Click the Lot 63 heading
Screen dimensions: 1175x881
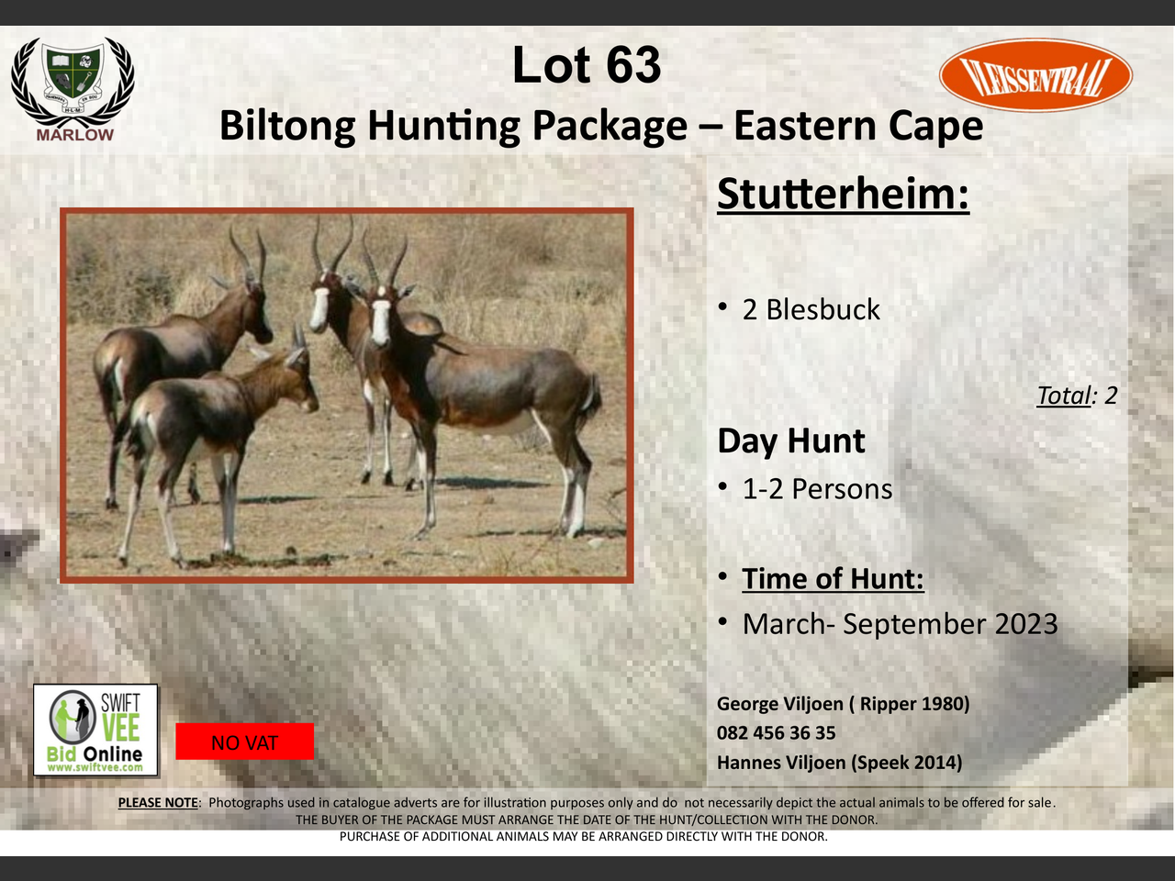[x=587, y=65]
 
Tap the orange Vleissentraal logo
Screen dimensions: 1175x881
[x=1035, y=75]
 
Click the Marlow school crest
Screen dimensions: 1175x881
[x=73, y=89]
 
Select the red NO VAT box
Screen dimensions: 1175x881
[x=244, y=742]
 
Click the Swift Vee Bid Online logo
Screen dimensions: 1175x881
[x=95, y=730]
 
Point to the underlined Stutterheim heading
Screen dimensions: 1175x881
[x=843, y=195]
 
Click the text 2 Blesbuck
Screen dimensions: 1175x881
[x=811, y=309]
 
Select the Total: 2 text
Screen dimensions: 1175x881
[x=1077, y=396]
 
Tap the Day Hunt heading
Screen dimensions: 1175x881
[x=791, y=441]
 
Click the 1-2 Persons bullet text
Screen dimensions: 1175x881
[x=817, y=489]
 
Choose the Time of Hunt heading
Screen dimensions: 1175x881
[x=833, y=579]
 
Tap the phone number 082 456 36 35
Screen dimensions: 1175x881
[x=777, y=733]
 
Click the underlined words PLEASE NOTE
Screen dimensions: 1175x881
[x=158, y=803]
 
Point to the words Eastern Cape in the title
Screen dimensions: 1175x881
[x=858, y=127]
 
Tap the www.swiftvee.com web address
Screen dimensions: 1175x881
[x=95, y=767]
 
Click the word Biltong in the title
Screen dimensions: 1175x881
[x=287, y=127]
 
